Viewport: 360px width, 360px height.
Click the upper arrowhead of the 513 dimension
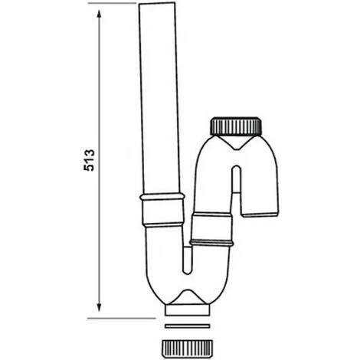tap(100, 9)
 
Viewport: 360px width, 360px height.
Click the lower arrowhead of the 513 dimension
tap(100, 310)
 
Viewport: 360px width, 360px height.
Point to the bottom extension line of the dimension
tap(123, 316)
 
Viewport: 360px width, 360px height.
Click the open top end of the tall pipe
tap(159, 5)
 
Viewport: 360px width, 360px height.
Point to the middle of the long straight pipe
tap(159, 100)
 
